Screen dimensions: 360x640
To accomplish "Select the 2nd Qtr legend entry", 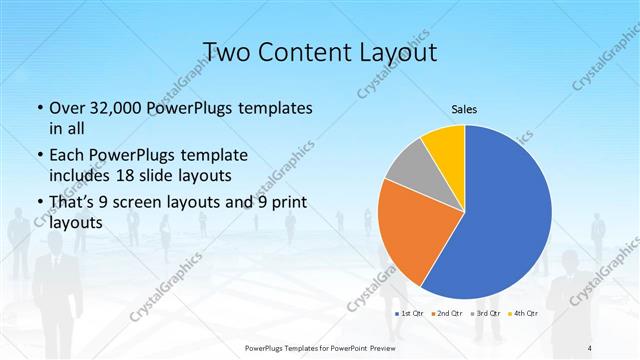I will [446, 313].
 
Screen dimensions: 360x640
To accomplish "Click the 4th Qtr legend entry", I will [524, 313].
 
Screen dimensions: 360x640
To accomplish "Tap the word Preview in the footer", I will [375, 347].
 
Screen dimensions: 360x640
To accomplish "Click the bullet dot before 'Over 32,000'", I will [38, 108].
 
